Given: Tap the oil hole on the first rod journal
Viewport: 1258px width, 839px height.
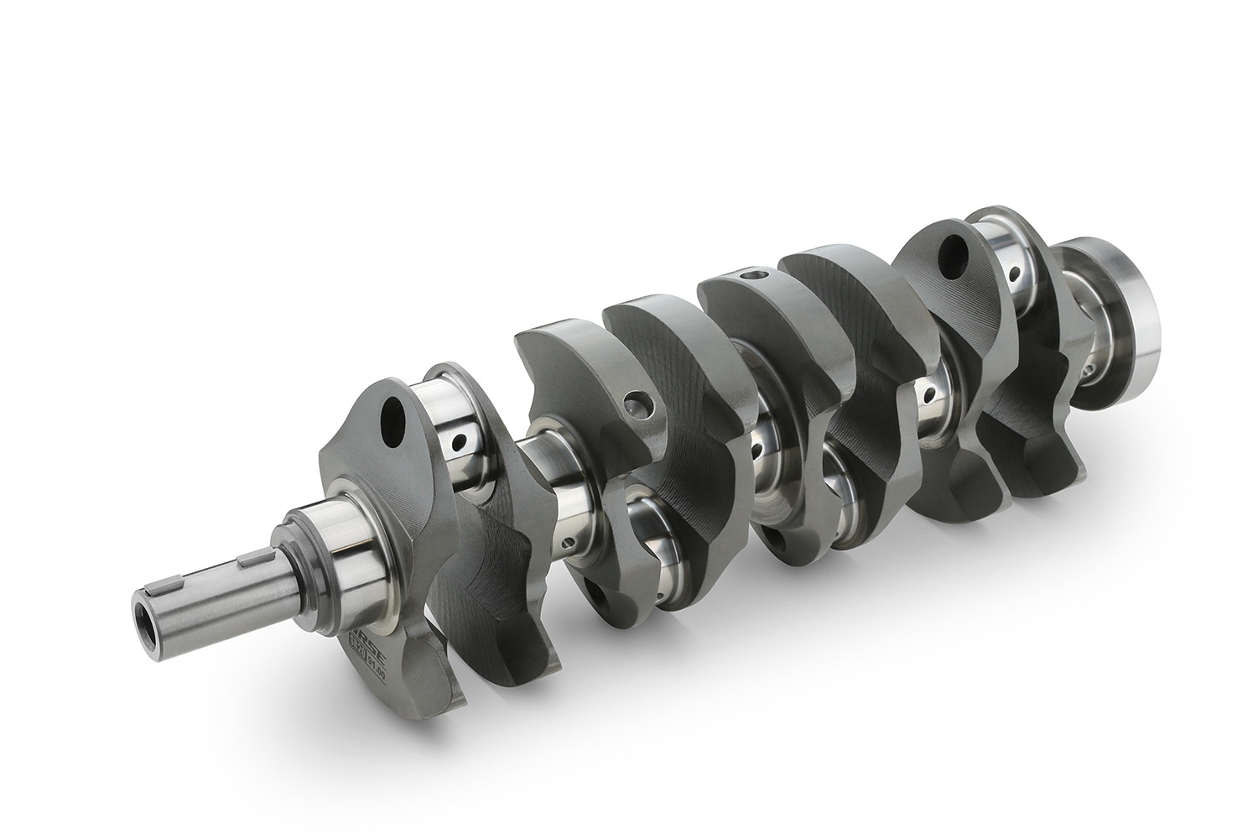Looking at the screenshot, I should (x=457, y=440).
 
